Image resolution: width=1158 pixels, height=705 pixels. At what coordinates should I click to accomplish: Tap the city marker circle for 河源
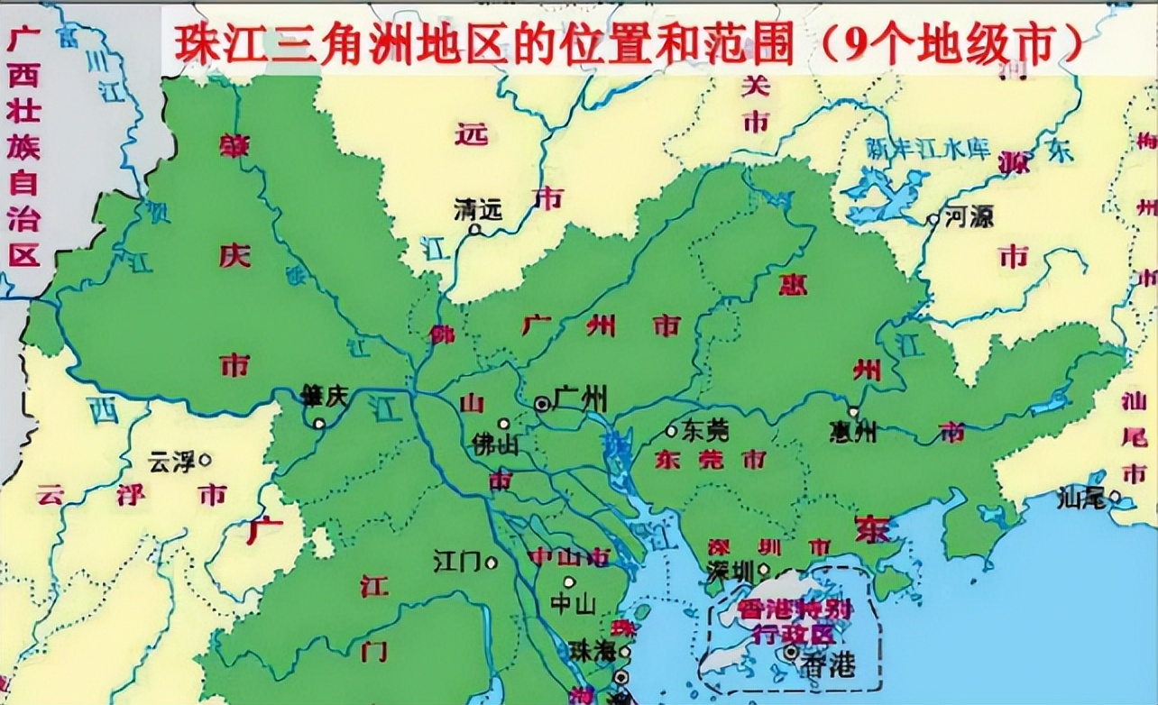pos(933,219)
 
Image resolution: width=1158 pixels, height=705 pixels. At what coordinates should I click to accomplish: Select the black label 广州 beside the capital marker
pos(581,398)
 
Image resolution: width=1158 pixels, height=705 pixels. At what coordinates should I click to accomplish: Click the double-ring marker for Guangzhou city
pos(542,405)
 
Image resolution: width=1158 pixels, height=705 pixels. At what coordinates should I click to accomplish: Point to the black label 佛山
pos(495,444)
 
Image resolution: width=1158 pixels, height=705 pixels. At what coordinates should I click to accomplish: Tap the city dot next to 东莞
pos(671,431)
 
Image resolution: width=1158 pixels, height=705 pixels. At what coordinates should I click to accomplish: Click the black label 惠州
pos(852,433)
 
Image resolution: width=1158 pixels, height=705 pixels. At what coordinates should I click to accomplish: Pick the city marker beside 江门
pos(492,563)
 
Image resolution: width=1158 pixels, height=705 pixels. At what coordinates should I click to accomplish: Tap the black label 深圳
pos(731,572)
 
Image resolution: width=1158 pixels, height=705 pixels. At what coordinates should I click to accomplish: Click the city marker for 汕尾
pos(1116,496)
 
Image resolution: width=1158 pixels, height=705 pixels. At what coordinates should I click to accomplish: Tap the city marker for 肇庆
pos(318,423)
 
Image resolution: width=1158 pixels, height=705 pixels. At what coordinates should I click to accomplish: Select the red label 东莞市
pos(710,460)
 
